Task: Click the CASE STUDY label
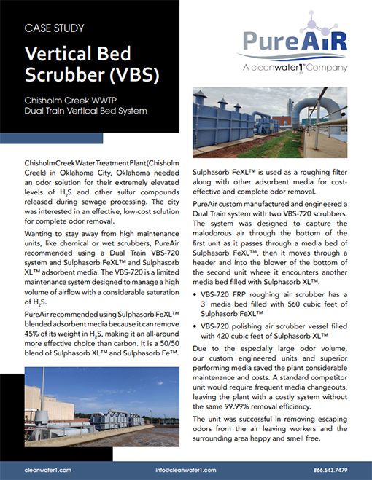(54, 29)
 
